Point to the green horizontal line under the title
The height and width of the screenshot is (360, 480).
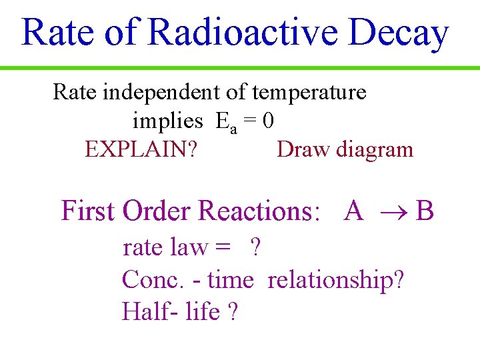tap(240, 68)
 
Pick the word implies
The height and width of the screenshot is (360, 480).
tap(167, 121)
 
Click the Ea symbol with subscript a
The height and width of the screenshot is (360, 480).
tap(226, 122)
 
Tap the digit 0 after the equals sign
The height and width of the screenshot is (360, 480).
tap(268, 121)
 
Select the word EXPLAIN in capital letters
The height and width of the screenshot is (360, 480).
tap(137, 149)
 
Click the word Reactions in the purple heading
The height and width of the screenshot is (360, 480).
tap(256, 211)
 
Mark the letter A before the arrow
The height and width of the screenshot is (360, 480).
tap(353, 211)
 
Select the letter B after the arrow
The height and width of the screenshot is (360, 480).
tap(425, 211)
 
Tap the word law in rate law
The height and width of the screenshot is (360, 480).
tap(189, 247)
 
